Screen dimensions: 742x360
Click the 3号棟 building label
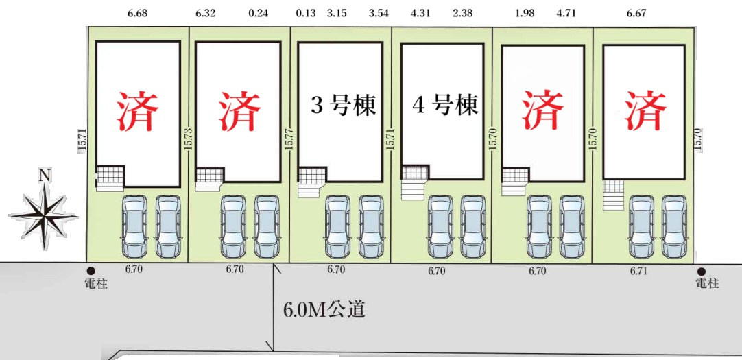pyautogui.click(x=343, y=106)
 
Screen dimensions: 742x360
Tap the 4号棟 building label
pyautogui.click(x=445, y=106)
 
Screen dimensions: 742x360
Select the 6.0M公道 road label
pyautogui.click(x=324, y=310)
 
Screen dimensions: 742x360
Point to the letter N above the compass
pyautogui.click(x=45, y=176)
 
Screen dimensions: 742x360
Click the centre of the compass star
pyautogui.click(x=43, y=216)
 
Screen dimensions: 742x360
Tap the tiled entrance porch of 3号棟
pyautogui.click(x=312, y=175)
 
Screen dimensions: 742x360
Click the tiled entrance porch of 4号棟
pyautogui.click(x=415, y=172)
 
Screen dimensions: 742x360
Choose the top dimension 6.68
pyautogui.click(x=137, y=13)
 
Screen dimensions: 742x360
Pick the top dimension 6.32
pyautogui.click(x=205, y=13)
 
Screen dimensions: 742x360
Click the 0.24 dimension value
pyautogui.click(x=258, y=13)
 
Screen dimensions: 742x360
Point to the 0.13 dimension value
pyautogui.click(x=306, y=13)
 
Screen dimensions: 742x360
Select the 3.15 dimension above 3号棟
pyautogui.click(x=337, y=13)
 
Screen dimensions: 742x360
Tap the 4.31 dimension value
pyautogui.click(x=420, y=13)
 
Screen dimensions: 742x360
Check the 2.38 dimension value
pyautogui.click(x=462, y=13)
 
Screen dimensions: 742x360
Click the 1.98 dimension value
pyautogui.click(x=525, y=13)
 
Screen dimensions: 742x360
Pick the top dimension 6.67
pyautogui.click(x=636, y=13)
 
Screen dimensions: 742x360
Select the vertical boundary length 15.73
pyautogui.click(x=189, y=141)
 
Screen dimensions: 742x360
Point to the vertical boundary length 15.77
pyautogui.click(x=289, y=141)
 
